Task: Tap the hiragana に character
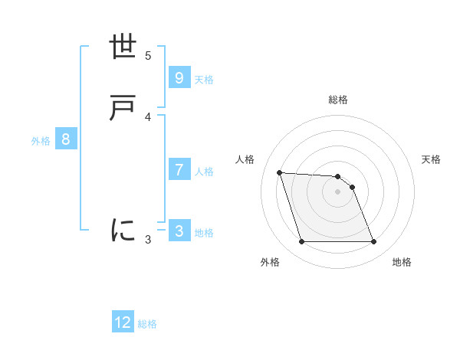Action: click(123, 229)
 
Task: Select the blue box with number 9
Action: click(179, 78)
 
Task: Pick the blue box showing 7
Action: click(179, 170)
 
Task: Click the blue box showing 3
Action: click(179, 231)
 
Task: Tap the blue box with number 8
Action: click(66, 139)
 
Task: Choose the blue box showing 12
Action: click(123, 322)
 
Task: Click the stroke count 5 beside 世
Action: click(148, 55)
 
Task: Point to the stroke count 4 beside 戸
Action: click(148, 116)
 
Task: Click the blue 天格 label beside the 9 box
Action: click(204, 80)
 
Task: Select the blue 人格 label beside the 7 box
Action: click(204, 172)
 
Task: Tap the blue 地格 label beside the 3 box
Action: click(204, 233)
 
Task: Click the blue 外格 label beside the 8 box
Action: click(41, 141)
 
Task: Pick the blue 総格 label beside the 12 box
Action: click(147, 324)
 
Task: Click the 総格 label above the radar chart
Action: click(338, 100)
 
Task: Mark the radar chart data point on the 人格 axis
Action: click(279, 172)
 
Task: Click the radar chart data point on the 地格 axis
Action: click(373, 242)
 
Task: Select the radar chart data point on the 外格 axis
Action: click(301, 242)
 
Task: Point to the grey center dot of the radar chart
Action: click(337, 191)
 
